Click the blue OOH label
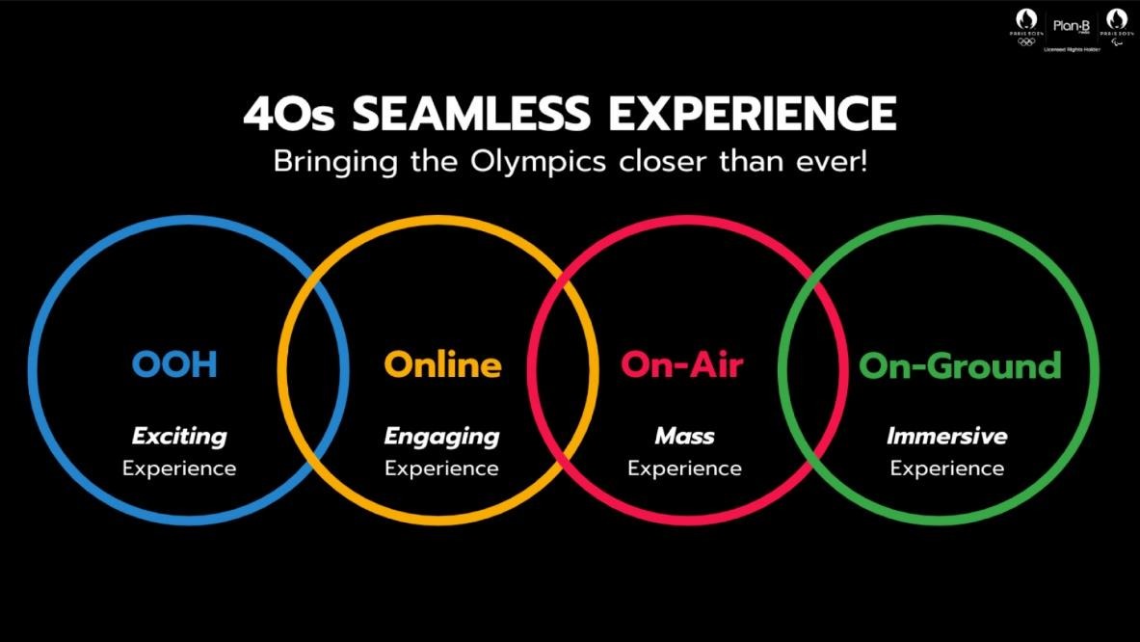(174, 364)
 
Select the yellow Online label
(442, 364)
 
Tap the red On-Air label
(681, 364)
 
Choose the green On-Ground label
(959, 365)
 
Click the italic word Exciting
(179, 436)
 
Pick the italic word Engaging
(441, 437)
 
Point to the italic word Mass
(684, 436)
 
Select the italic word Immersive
(946, 436)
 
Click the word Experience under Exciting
(179, 468)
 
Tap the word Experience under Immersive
(946, 468)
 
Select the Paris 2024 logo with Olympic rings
(1023, 25)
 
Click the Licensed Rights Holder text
(1068, 46)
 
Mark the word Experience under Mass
(684, 468)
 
